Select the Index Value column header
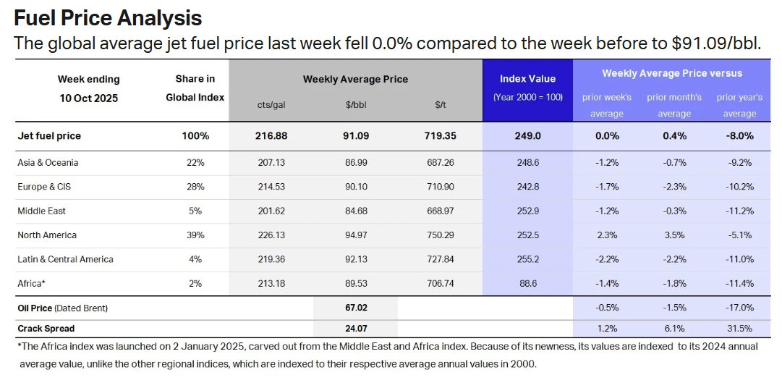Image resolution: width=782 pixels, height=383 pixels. tap(527, 79)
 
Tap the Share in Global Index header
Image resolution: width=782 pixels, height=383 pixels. tap(195, 88)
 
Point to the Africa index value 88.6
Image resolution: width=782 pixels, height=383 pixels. tap(527, 284)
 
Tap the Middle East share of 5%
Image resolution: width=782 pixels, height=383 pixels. tap(195, 211)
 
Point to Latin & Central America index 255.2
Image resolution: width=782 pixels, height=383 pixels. tap(527, 259)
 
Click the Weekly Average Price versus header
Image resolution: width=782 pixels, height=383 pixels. tap(672, 73)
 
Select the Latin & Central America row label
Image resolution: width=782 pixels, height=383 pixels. tap(65, 259)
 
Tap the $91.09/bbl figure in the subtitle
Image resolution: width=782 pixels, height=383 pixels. tap(715, 43)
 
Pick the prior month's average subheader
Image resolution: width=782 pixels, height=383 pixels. tap(674, 105)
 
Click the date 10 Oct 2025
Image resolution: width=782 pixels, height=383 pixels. tap(89, 98)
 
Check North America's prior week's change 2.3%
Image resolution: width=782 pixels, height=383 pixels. tap(606, 235)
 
